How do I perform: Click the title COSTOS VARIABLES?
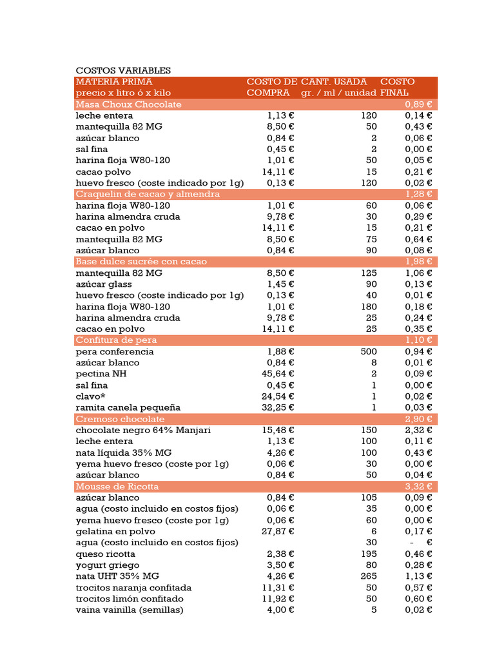[x=123, y=70]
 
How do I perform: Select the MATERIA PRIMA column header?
[x=114, y=82]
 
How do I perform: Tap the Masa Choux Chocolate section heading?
[x=128, y=104]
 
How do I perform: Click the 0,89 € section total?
[x=418, y=104]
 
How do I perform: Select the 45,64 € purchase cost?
[x=280, y=374]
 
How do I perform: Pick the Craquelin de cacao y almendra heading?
[x=148, y=194]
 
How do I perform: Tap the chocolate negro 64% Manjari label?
[x=143, y=430]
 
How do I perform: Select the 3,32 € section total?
[x=418, y=487]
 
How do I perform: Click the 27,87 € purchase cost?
[x=280, y=531]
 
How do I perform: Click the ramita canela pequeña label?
[x=128, y=407]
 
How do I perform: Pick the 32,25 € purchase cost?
[x=280, y=407]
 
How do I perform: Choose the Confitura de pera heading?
[x=116, y=340]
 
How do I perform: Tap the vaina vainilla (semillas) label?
[x=130, y=610]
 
